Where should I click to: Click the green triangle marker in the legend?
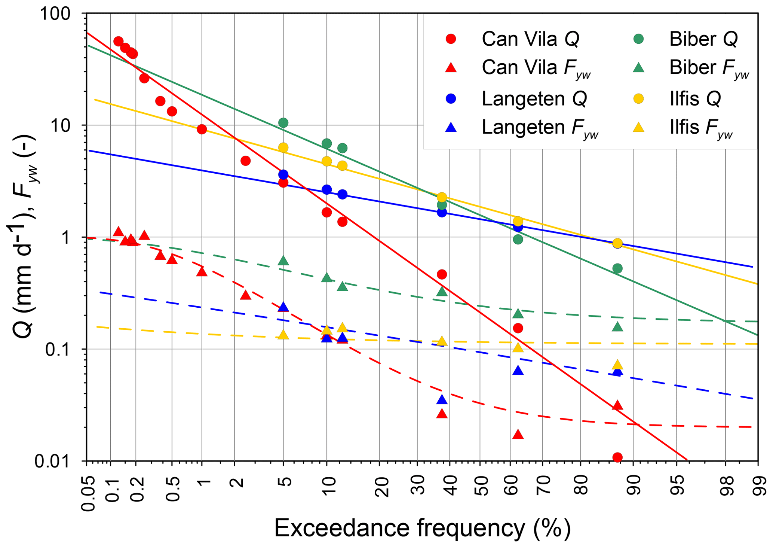pyautogui.click(x=639, y=68)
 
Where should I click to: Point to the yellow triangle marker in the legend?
pyautogui.click(x=639, y=128)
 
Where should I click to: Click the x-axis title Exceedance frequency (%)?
pyautogui.click(x=422, y=528)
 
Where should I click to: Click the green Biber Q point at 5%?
pyautogui.click(x=283, y=122)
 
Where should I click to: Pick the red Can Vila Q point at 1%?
pyautogui.click(x=202, y=129)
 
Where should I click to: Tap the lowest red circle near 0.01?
pyautogui.click(x=617, y=457)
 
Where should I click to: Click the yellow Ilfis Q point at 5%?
pyautogui.click(x=283, y=147)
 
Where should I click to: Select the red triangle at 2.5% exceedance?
pyautogui.click(x=245, y=295)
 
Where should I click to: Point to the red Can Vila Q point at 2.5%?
pyautogui.click(x=245, y=161)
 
